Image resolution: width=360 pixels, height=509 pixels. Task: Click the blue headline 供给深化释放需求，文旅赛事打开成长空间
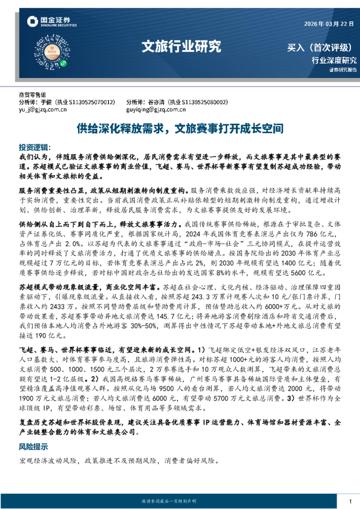point(180,129)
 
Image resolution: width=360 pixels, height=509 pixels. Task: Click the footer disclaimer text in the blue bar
point(180,502)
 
